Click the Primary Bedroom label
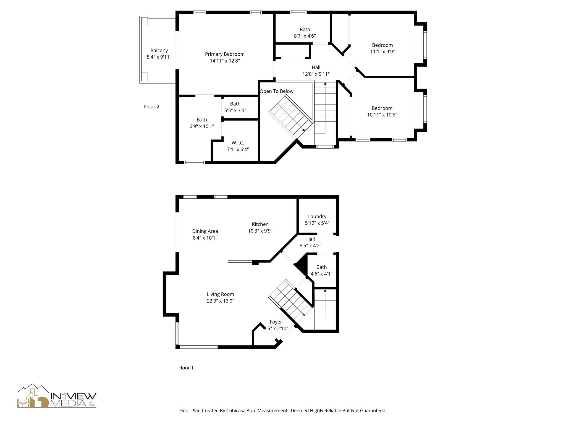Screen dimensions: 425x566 pos(225,54)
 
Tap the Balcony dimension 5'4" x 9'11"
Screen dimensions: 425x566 pos(159,57)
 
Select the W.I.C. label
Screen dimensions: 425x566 pos(238,143)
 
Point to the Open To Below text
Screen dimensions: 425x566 pos(276,91)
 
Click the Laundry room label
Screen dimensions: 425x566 pos(317,216)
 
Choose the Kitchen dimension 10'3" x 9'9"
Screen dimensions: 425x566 pos(260,231)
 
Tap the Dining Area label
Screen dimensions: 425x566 pos(205,231)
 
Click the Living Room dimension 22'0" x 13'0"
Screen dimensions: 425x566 pos(220,301)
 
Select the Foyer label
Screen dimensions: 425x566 pos(276,322)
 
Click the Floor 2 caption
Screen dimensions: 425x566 pos(151,107)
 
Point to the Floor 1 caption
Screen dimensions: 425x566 pos(186,368)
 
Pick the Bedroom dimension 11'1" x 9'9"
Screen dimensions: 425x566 pos(382,52)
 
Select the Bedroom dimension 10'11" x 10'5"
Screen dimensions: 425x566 pos(382,115)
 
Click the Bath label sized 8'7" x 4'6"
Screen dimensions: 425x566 pos(305,29)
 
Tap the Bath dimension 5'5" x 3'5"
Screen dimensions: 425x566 pos(235,110)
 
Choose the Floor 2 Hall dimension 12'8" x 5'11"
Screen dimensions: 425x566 pos(316,74)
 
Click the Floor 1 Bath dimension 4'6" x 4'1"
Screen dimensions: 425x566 pos(321,274)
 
